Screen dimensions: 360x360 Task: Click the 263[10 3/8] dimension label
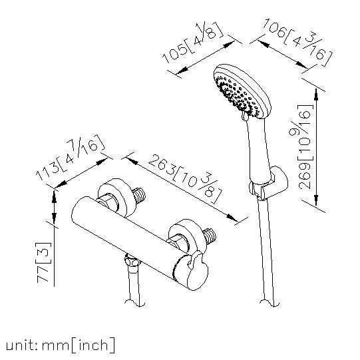185,178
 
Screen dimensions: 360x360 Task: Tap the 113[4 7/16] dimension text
71,158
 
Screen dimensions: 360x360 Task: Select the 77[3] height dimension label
43,262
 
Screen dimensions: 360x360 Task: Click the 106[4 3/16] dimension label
297,42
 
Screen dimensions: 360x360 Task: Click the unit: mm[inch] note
60,345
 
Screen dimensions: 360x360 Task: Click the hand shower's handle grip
258,149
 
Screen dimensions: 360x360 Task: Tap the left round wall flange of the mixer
116,198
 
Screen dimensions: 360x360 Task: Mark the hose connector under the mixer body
132,263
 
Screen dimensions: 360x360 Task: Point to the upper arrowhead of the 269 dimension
316,94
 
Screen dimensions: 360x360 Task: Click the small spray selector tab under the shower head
244,116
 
